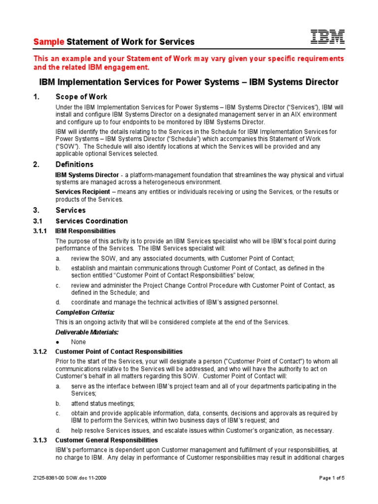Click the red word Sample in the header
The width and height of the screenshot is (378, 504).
coord(49,42)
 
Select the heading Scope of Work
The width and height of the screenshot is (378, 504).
coord(81,96)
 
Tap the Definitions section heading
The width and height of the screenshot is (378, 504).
coord(74,164)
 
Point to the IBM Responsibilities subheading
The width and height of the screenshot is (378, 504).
coord(86,231)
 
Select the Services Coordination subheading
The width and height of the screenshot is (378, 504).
coord(92,221)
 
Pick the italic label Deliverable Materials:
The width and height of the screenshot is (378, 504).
coord(87,332)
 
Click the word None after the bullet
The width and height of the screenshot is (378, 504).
coord(78,342)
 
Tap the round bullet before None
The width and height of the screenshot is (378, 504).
coord(58,342)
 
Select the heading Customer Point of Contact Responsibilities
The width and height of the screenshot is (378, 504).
coord(119,351)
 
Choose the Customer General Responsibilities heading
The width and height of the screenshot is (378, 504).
coord(106,440)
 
